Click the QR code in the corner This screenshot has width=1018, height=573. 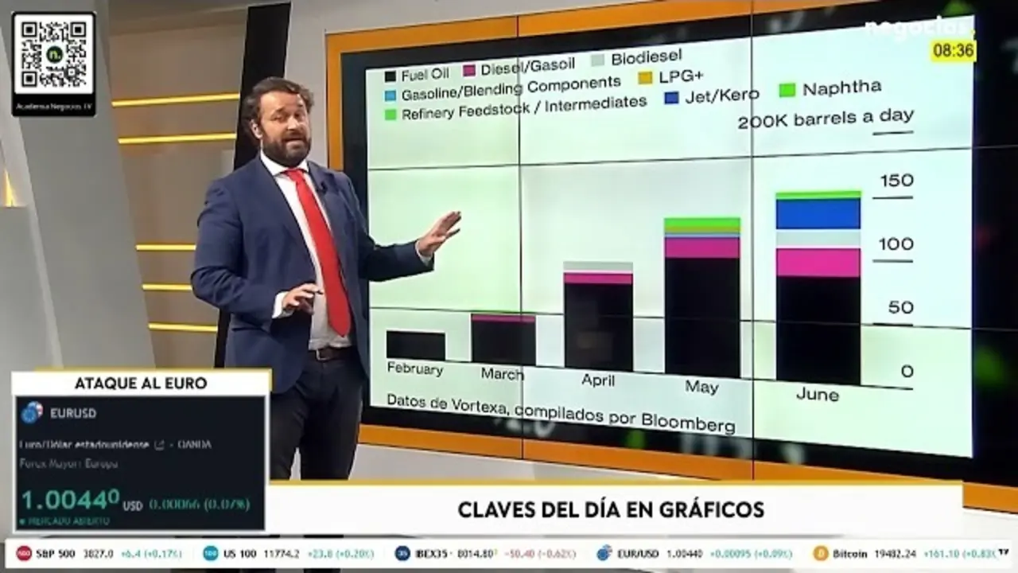point(54,54)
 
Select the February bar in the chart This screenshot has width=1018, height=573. point(415,345)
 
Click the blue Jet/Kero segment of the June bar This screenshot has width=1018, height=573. point(818,214)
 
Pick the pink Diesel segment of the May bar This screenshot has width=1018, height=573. point(702,248)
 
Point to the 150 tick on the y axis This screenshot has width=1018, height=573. point(896,181)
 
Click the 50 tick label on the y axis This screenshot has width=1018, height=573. point(900,307)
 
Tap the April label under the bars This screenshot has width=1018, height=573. point(597,380)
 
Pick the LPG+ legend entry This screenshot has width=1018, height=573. point(680,78)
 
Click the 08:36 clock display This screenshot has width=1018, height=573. point(953,51)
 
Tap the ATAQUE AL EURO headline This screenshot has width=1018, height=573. point(141,383)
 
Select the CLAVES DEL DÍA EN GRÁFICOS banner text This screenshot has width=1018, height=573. point(611,509)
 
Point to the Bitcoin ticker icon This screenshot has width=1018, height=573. point(821,553)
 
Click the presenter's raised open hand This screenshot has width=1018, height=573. point(439,232)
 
